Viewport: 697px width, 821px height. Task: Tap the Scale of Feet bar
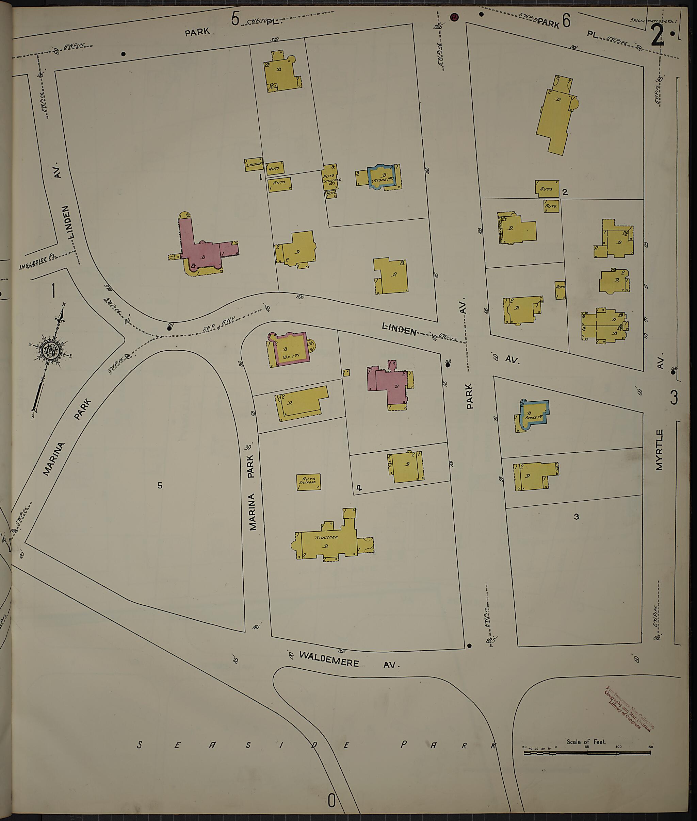(587, 753)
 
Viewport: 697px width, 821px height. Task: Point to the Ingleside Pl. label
(38, 262)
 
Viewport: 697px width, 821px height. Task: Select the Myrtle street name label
(659, 450)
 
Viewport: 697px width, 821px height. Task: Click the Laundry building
(254, 164)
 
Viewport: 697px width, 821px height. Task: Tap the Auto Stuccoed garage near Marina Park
(308, 482)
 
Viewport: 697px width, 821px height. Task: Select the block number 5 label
(160, 485)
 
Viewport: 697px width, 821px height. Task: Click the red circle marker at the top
(454, 17)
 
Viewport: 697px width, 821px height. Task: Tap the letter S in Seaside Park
(140, 745)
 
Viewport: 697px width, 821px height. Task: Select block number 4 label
(359, 488)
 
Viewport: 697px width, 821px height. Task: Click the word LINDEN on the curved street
(399, 329)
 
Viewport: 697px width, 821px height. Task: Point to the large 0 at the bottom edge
(331, 801)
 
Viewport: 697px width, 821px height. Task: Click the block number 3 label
(577, 517)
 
